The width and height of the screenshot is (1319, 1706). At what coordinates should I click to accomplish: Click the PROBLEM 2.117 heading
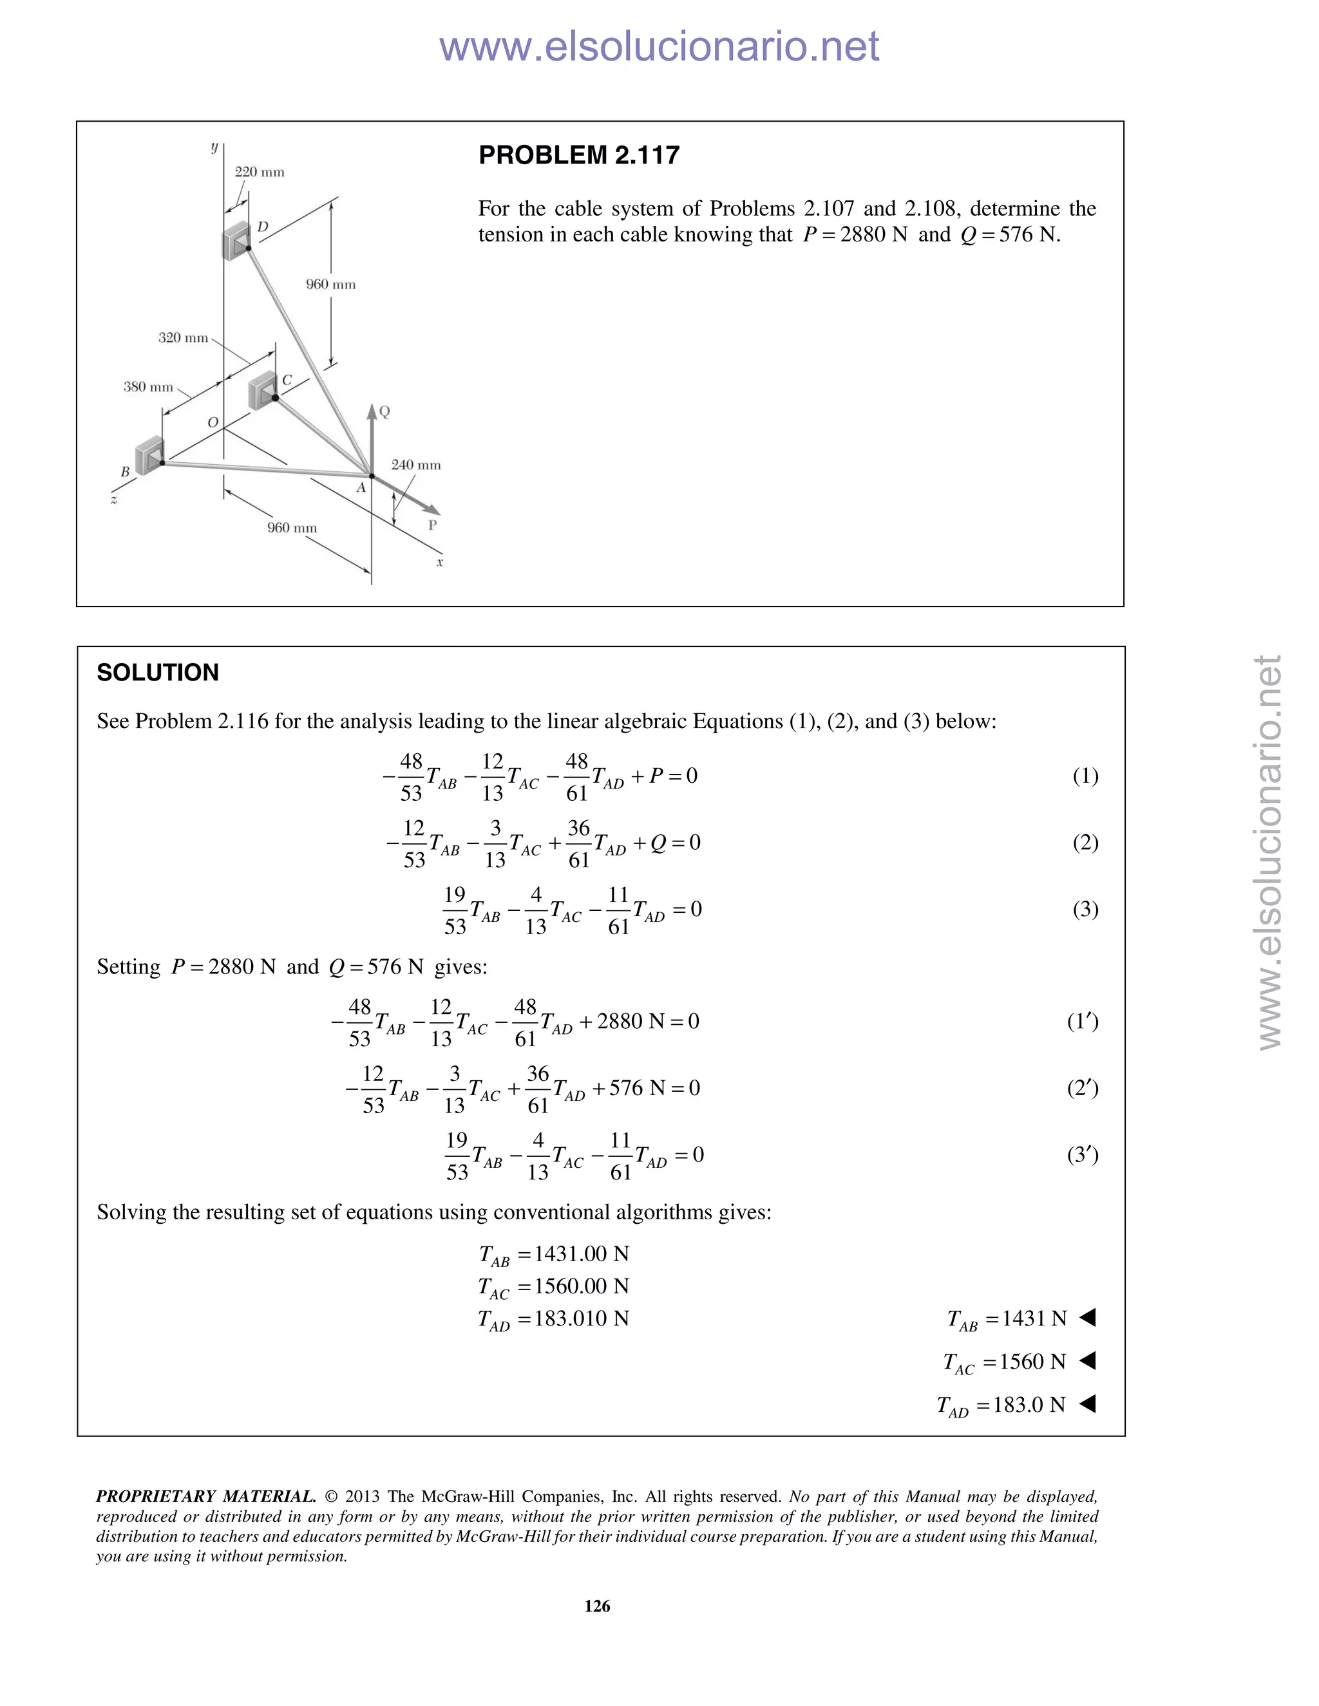[x=579, y=155]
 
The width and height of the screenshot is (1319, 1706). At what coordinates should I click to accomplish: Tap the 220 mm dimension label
[x=260, y=172]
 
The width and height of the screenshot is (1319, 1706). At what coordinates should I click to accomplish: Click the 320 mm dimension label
[x=183, y=337]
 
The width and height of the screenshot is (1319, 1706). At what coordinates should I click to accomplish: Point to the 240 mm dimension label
[x=415, y=465]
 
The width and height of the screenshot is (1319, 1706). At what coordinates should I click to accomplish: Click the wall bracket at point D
[x=235, y=240]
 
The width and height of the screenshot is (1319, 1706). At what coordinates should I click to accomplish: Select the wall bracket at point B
[x=149, y=456]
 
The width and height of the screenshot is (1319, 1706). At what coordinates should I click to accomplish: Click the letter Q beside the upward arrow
[x=384, y=411]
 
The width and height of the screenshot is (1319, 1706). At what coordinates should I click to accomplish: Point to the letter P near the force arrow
[x=432, y=525]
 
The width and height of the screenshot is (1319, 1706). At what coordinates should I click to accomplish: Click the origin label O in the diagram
[x=213, y=422]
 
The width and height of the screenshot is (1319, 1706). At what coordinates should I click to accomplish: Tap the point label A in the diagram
[x=361, y=488]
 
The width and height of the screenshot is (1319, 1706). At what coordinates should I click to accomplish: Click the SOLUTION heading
[x=158, y=673]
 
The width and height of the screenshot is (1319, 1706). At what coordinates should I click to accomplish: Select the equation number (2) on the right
[x=1085, y=842]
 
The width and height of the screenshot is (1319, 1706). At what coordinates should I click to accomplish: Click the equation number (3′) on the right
[x=1083, y=1154]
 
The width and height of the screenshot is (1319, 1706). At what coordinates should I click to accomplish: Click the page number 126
[x=597, y=1606]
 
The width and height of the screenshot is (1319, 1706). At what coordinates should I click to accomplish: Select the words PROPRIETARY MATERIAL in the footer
[x=205, y=1497]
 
